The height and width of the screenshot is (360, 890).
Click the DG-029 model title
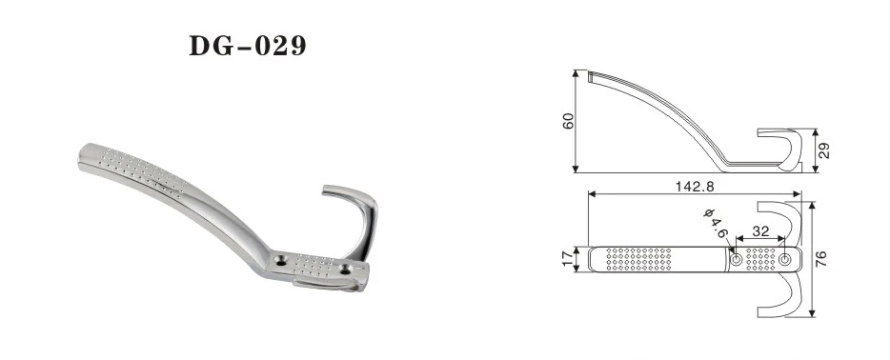[248, 46]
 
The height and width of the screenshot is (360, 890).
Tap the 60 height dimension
[569, 121]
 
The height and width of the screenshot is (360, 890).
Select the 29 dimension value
[824, 150]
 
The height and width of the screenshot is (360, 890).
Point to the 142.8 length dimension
[694, 186]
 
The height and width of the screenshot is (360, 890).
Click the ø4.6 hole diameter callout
[716, 223]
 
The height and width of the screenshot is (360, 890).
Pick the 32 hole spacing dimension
[760, 231]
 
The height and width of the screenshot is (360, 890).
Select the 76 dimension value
[821, 258]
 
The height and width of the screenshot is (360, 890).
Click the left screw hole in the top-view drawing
[736, 260]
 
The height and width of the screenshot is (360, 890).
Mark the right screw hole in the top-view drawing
[784, 260]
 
